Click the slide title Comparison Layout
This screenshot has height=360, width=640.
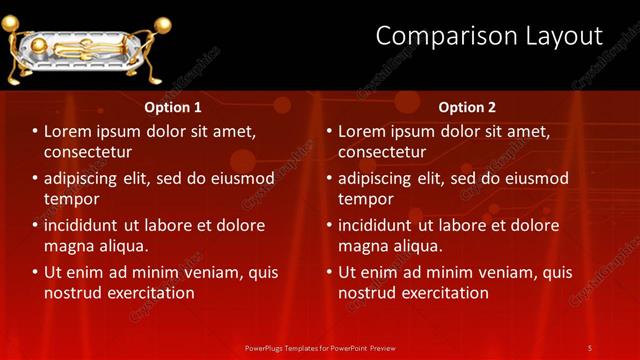point(489,37)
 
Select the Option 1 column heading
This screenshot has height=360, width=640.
point(173,107)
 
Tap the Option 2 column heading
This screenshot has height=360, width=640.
point(467,107)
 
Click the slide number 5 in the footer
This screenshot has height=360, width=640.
point(590,348)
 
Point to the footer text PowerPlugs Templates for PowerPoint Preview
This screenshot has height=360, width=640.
point(319,348)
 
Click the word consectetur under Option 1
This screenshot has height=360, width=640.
point(88,152)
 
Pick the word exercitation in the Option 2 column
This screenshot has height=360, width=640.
point(446,293)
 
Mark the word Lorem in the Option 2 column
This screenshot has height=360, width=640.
point(362,131)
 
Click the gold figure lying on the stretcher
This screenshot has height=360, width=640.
point(80,47)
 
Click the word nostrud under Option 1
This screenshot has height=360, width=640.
point(71,293)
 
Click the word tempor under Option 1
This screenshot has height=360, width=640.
point(69,199)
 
